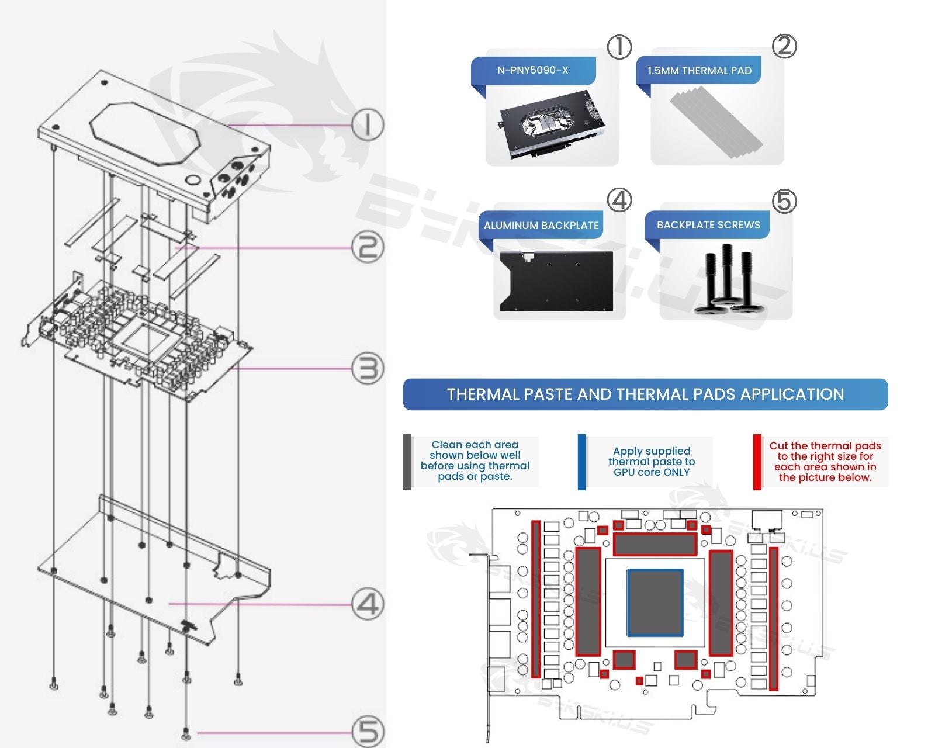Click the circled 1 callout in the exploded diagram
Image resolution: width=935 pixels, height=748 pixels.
point(368,125)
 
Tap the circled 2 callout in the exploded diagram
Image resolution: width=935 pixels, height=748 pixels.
point(368,247)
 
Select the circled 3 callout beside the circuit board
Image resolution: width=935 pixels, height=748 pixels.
point(368,369)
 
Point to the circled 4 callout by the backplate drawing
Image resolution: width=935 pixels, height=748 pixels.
point(368,604)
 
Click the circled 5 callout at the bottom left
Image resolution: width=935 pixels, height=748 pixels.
point(368,732)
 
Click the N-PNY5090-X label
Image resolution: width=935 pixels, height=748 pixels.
point(532,70)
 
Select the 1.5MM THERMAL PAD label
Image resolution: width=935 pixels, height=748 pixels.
point(699,71)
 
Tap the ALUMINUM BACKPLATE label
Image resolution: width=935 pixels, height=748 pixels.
point(541,226)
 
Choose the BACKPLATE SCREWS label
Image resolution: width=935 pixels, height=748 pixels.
point(708,225)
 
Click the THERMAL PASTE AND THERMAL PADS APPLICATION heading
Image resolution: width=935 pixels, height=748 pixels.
point(645,394)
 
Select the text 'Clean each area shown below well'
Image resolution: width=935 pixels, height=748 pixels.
point(475,450)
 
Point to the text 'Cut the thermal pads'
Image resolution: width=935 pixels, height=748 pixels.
point(825,446)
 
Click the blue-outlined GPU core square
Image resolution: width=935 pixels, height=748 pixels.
point(655,602)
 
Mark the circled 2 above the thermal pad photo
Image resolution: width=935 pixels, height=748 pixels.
point(784,46)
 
